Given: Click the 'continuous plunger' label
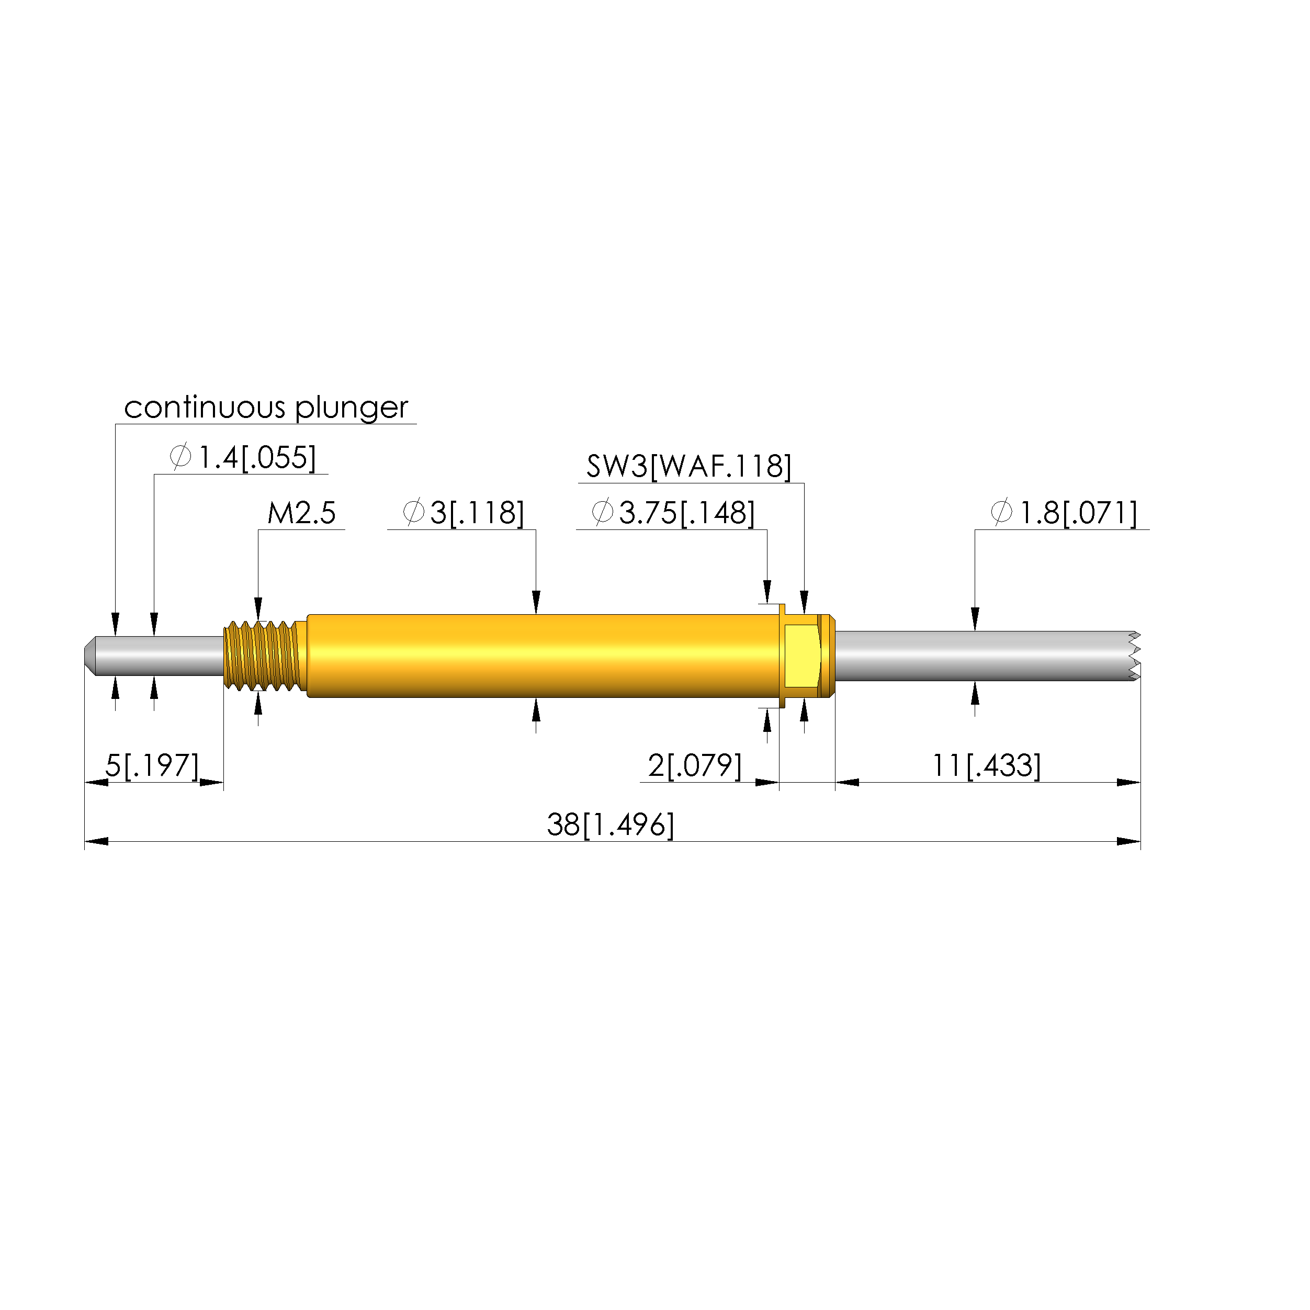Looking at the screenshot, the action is click(x=266, y=408).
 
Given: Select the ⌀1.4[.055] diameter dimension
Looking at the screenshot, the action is click(x=243, y=458).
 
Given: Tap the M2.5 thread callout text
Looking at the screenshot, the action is click(x=301, y=513).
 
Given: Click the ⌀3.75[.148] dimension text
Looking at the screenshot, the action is click(x=673, y=513).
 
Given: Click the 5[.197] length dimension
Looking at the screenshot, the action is click(x=152, y=766).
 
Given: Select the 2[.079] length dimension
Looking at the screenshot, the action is click(x=695, y=766).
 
